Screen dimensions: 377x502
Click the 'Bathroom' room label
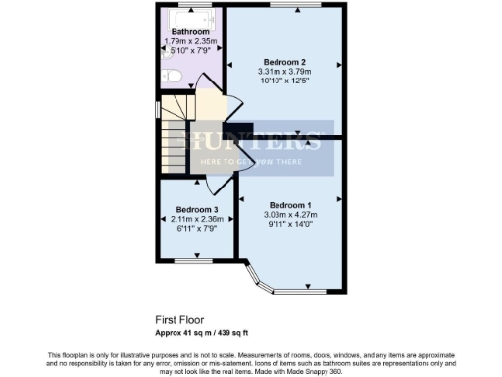coord(190,32)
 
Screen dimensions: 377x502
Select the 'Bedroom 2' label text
coord(284,61)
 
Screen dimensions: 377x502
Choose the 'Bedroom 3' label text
coord(197,209)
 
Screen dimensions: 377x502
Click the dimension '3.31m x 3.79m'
coord(284,71)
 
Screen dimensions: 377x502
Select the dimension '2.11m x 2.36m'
coord(197,219)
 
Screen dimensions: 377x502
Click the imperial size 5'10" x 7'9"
coord(190,51)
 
